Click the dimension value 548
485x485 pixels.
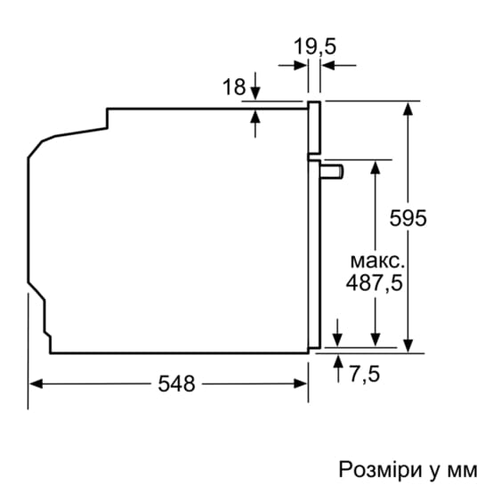[x=176, y=384]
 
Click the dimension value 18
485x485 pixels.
[x=233, y=86]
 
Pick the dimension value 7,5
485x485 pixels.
[x=363, y=374]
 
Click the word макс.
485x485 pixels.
[x=377, y=261]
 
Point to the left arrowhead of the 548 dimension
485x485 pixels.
[x=36, y=384]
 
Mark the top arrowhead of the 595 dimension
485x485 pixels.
[x=408, y=109]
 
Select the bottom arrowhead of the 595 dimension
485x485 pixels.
[x=408, y=347]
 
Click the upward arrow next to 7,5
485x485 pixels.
[x=338, y=361]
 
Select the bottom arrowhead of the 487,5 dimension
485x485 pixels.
[x=377, y=340]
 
